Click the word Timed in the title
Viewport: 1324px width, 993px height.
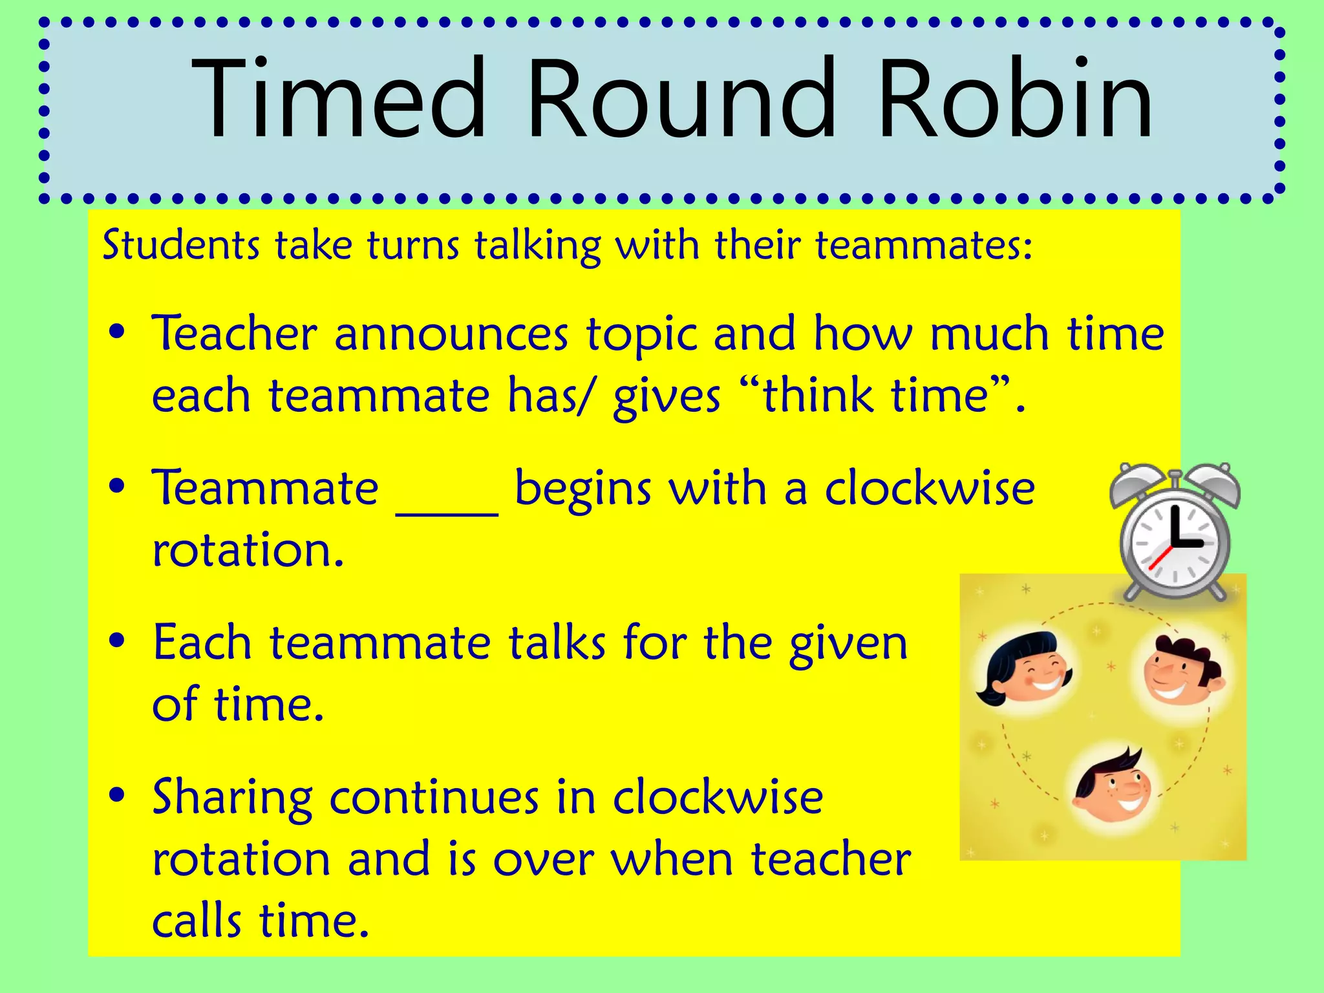coord(339,98)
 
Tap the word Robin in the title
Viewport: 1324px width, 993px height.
coord(1015,98)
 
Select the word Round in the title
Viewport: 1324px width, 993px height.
coord(681,98)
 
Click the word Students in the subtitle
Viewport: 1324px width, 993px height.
coord(181,246)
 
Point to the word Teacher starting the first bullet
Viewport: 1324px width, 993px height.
coord(235,334)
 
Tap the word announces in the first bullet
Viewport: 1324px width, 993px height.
coord(451,336)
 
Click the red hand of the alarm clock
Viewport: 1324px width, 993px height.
coord(1160,557)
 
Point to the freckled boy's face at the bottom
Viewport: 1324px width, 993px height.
coord(1111,788)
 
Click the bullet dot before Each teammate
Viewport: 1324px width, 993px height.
coord(117,641)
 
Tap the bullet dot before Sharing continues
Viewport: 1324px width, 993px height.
coord(117,796)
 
